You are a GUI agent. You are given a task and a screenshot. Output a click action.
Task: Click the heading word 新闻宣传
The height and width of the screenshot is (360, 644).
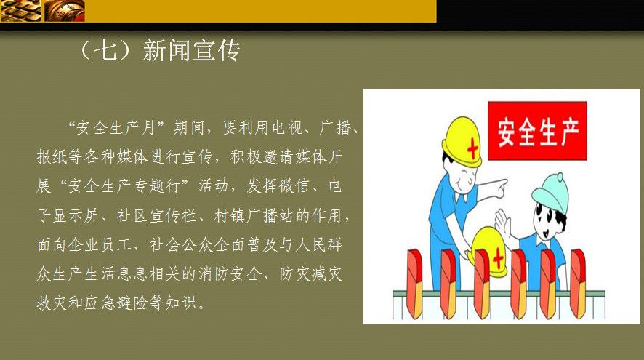191,51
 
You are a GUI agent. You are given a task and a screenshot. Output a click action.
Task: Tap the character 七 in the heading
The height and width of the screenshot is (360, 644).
108,51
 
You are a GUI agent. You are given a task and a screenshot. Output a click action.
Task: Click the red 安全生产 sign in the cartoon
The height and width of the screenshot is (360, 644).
537,131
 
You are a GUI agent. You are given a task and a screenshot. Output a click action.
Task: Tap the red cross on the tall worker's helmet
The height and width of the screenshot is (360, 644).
472,148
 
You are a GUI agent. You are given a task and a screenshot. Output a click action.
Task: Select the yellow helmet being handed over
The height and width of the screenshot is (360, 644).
488,250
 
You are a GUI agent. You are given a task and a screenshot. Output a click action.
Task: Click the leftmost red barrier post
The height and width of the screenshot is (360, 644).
414,284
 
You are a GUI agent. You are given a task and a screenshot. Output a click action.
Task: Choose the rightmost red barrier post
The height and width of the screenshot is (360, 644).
578,284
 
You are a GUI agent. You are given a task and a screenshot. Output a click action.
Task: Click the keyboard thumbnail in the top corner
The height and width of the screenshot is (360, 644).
20,10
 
